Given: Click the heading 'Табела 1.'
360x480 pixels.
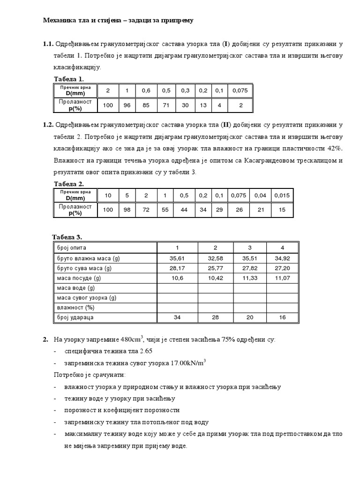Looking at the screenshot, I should click(69, 79).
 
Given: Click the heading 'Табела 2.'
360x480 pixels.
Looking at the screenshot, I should click(69, 184).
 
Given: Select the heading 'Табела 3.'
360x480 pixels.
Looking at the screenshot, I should click(67, 237).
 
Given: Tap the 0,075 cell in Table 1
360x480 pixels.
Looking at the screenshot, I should click(240, 90).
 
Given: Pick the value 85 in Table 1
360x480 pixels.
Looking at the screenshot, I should click(146, 105).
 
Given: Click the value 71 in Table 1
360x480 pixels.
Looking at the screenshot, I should click(166, 105).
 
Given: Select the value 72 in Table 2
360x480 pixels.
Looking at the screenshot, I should click(146, 210).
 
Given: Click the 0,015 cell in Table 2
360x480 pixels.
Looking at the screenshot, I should click(283, 195).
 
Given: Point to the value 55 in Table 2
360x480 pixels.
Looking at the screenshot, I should click(165, 210).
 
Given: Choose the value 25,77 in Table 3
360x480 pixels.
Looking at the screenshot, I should click(215, 268).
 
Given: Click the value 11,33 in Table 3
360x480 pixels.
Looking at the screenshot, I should click(250, 278).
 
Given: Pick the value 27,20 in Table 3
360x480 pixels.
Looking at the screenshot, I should click(282, 268).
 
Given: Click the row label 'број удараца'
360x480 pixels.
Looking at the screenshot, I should click(75, 318).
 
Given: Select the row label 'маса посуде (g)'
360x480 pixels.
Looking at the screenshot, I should click(78, 278).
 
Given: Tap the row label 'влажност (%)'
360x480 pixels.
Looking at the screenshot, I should click(76, 307).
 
